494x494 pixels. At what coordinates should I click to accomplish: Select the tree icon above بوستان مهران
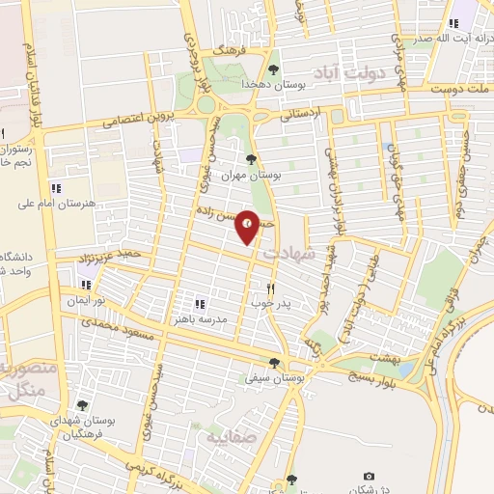click(251, 160)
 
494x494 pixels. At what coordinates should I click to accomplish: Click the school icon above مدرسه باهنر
click(200, 304)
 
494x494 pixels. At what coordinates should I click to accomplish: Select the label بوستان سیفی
click(274, 379)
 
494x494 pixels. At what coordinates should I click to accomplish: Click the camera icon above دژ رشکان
click(368, 477)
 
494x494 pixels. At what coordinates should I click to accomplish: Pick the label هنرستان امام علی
click(57, 204)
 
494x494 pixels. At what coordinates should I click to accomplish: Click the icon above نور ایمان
click(86, 285)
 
